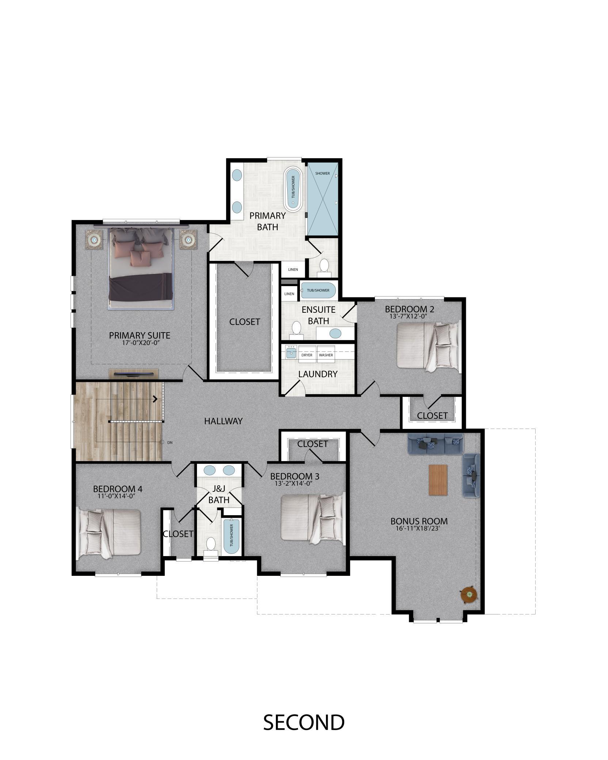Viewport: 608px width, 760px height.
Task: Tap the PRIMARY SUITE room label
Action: coord(140,335)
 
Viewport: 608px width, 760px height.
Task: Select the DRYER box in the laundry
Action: coord(307,355)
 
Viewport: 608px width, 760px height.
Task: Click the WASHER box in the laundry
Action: coord(326,355)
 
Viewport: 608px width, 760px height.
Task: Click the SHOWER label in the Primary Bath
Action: coord(322,173)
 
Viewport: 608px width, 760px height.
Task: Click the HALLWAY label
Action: coord(223,421)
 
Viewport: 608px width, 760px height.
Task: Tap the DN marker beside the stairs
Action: coord(170,442)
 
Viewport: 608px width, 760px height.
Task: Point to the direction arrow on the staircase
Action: coord(155,399)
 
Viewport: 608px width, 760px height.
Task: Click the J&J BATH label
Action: coord(219,494)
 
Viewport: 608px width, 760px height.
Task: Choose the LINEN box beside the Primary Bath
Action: coord(293,270)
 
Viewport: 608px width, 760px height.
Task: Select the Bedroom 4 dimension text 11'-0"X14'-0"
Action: coord(117,496)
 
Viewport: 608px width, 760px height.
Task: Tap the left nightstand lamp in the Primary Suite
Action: coord(95,240)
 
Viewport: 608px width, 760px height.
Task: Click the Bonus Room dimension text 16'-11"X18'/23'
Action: coord(419,528)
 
